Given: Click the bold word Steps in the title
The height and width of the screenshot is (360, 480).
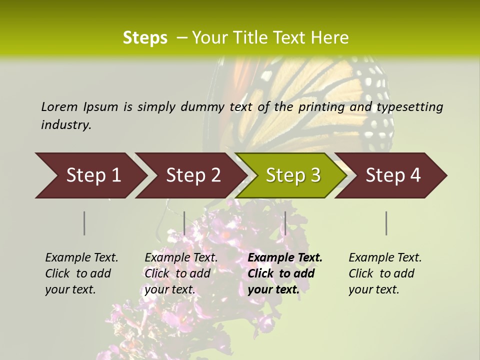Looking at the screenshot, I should tap(145, 37).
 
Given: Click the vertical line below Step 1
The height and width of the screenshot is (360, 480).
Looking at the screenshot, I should tap(84, 223).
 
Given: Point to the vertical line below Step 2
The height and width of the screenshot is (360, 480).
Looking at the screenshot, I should tap(184, 223).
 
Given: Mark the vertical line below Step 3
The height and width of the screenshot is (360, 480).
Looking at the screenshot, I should tap(285, 223).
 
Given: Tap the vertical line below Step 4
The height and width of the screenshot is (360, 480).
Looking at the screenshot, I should tap(386, 223).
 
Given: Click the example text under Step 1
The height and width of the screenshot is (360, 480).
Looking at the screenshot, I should tap(81, 273).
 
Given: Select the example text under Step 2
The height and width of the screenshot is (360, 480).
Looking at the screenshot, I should tap(181, 273).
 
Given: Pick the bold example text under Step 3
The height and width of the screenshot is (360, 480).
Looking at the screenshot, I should tap(285, 273).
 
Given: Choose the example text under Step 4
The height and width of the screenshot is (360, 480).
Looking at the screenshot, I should tap(385, 273).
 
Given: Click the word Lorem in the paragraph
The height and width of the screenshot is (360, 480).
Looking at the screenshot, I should tap(59, 106).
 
